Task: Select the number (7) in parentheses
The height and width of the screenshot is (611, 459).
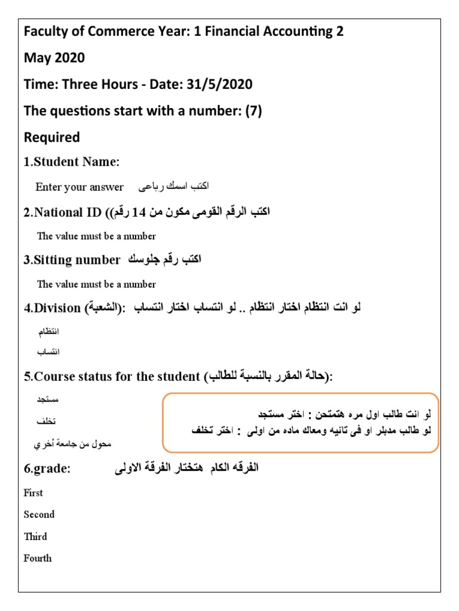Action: (x=252, y=110)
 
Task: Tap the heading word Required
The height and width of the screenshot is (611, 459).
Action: (x=52, y=137)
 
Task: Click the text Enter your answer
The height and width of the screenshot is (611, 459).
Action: (x=79, y=187)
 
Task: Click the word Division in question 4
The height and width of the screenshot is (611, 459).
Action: (x=57, y=308)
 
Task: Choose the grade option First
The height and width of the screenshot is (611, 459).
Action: (x=33, y=493)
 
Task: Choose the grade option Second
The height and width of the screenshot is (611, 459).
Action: (x=39, y=514)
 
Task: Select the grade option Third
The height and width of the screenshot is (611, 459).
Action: (x=35, y=536)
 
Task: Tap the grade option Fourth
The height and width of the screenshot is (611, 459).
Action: (x=38, y=558)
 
